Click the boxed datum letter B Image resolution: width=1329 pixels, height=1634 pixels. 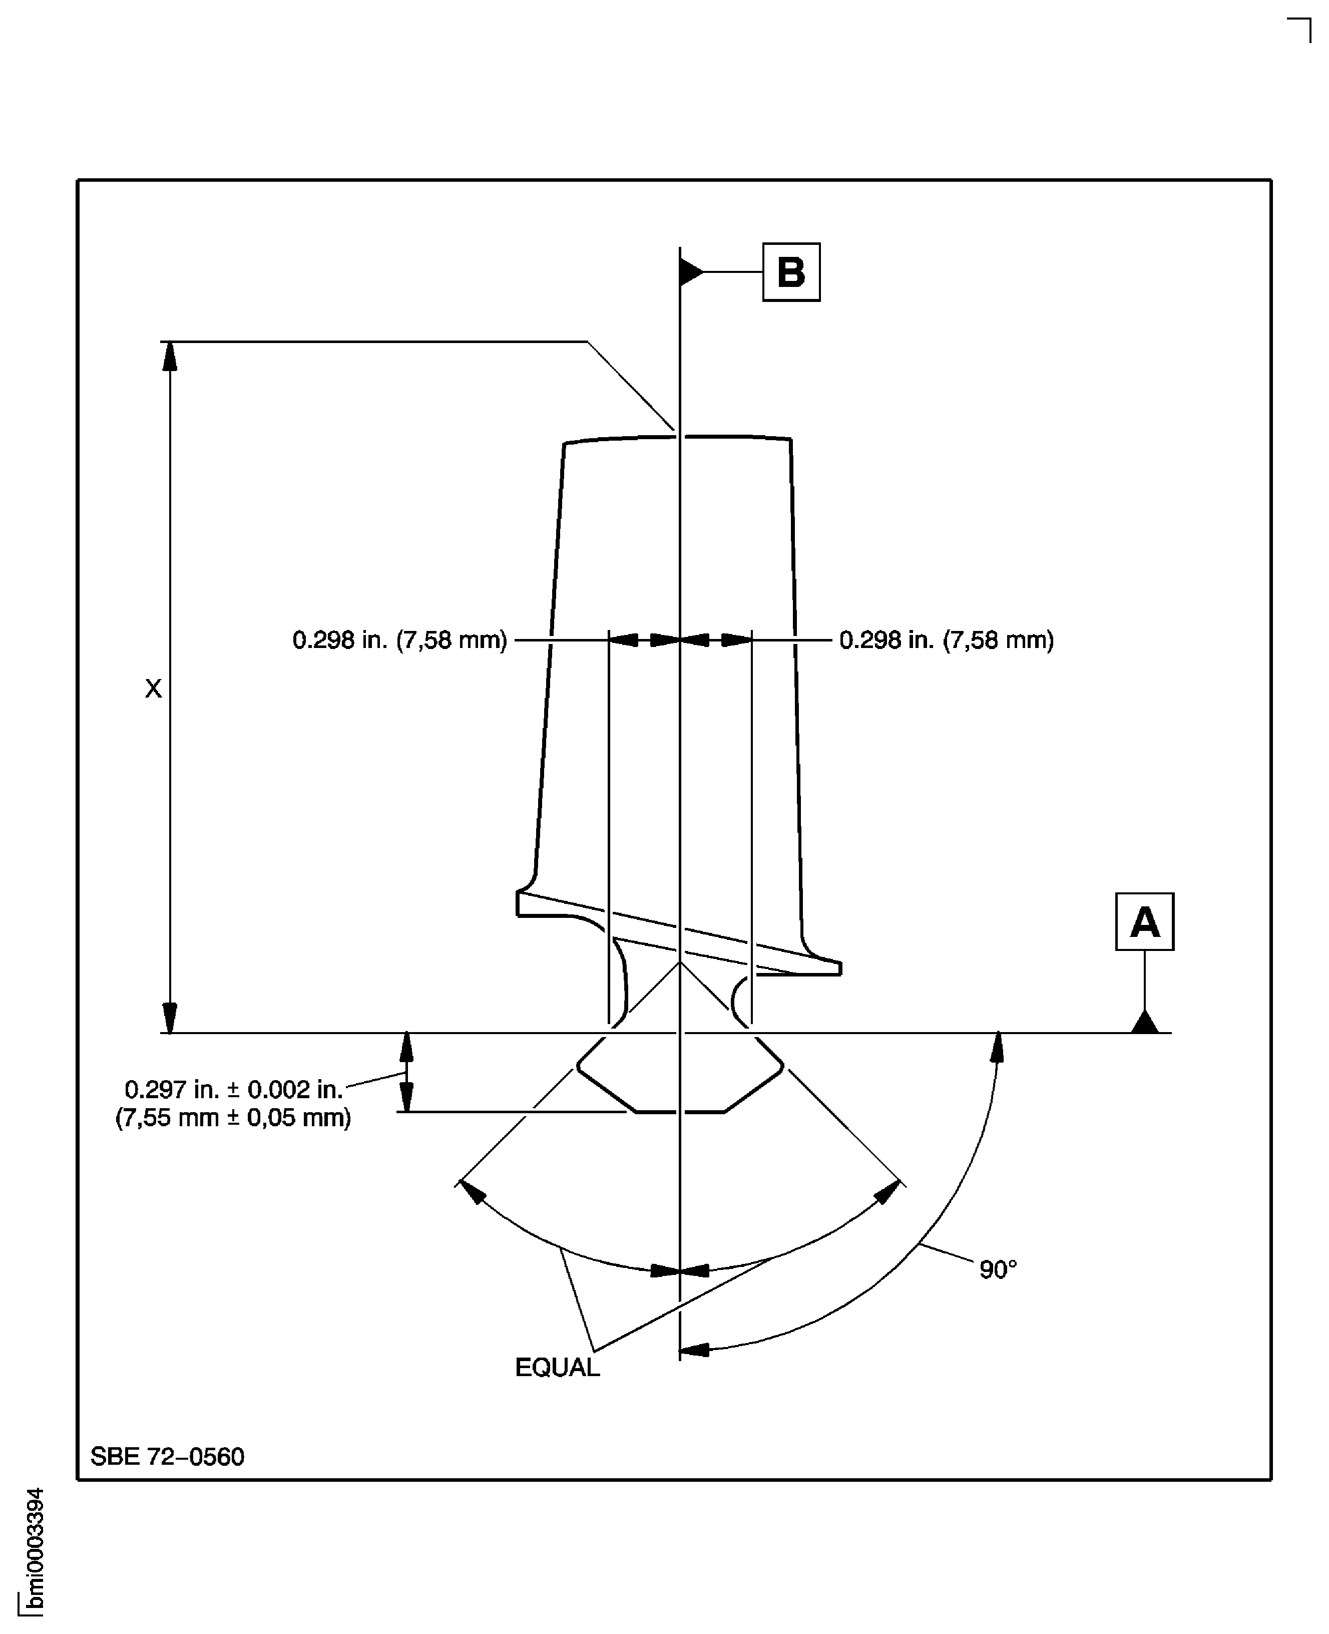(791, 272)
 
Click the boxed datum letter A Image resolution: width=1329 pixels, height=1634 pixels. (1144, 922)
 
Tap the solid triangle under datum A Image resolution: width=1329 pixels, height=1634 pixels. (1144, 1022)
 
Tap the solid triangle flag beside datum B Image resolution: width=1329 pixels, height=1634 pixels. (690, 272)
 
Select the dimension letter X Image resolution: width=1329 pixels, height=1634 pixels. (153, 689)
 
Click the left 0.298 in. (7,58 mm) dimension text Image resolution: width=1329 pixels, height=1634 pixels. (399, 640)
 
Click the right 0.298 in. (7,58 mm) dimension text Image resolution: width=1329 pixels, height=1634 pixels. (946, 640)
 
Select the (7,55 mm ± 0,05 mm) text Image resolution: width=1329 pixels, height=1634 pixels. (233, 1118)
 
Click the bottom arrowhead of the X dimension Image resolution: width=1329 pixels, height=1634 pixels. (170, 1019)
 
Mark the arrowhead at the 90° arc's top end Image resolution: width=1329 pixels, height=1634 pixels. (997, 1048)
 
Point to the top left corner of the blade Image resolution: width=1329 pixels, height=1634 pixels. (564, 443)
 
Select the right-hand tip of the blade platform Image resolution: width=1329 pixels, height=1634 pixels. (840, 968)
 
